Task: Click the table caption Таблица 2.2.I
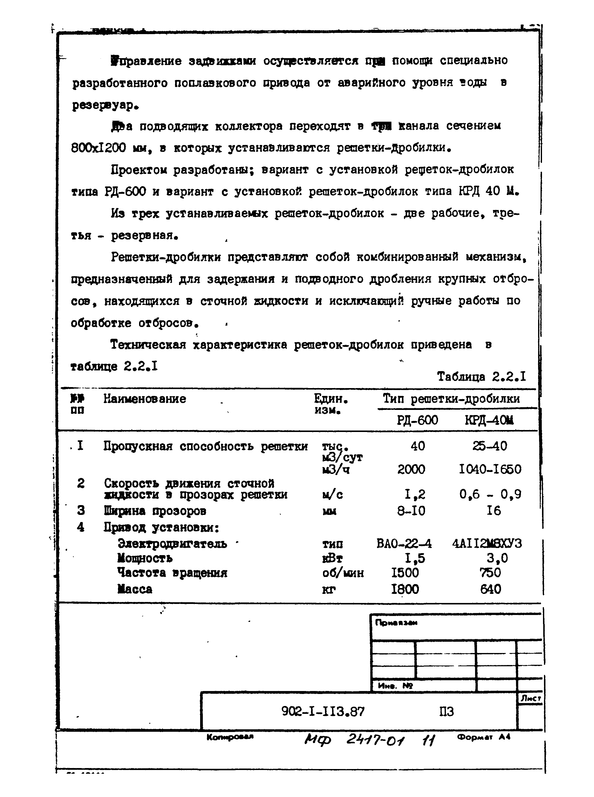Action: (481, 377)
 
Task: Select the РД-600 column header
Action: (417, 420)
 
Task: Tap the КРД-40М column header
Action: (489, 420)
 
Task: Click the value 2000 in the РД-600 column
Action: (411, 469)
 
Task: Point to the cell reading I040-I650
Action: (490, 469)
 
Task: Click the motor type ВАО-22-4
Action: (404, 543)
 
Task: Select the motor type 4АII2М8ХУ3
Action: (487, 543)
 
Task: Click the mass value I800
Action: (405, 589)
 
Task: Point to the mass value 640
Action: (491, 589)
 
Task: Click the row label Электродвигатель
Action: (173, 543)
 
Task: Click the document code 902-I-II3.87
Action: (323, 711)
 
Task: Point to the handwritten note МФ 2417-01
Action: (354, 740)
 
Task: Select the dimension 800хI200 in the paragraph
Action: (99, 148)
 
